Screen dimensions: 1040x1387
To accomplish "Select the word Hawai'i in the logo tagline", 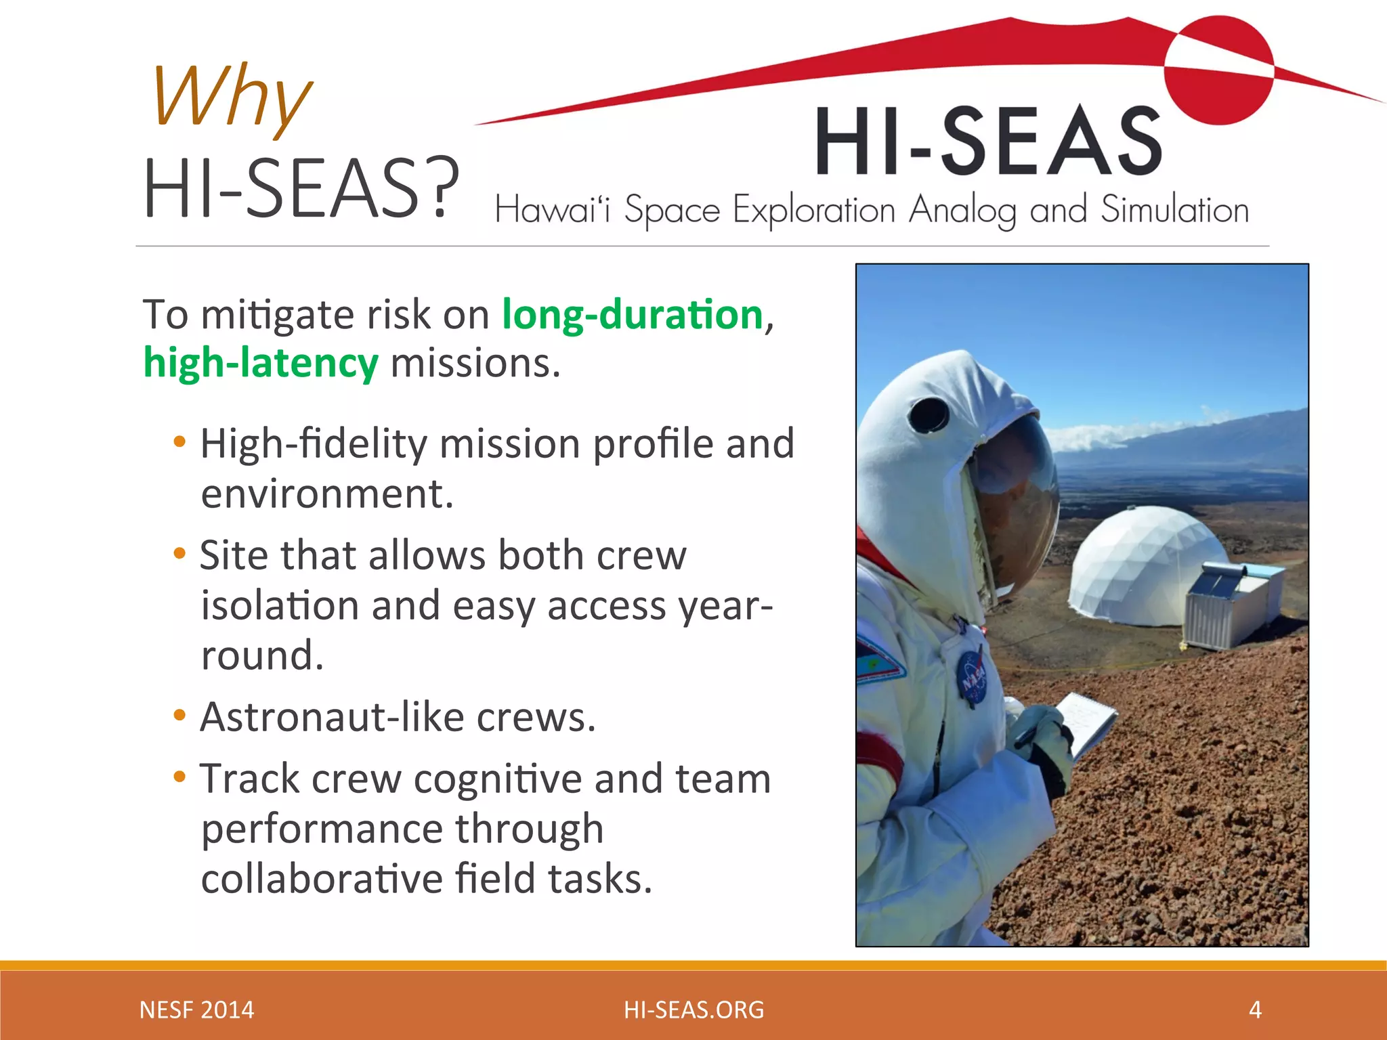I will (552, 209).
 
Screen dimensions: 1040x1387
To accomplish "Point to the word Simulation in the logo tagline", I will (1174, 209).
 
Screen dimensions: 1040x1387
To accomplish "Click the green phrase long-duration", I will (632, 316).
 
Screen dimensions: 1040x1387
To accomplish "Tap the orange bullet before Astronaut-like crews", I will (179, 716).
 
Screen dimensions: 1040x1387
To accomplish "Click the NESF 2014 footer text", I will (196, 1010).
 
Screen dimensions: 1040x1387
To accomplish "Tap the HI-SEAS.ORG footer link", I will (693, 1010).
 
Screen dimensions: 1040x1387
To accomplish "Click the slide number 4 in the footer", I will (1255, 1010).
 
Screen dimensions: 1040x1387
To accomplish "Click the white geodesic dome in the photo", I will (1138, 562).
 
